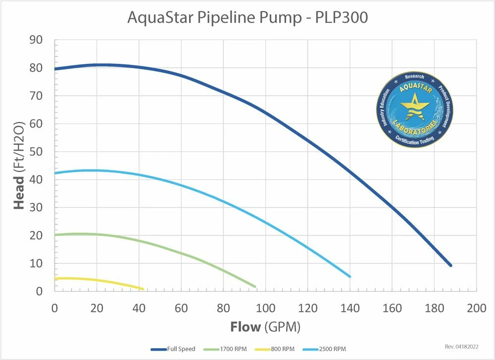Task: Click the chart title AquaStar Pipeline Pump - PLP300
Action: pos(247,17)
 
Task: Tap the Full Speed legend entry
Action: pos(173,349)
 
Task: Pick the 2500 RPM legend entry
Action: pos(331,349)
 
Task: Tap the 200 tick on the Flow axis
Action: pos(476,308)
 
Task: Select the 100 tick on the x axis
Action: pos(265,308)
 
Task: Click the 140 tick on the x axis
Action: pos(349,308)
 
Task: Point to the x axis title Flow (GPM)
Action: pos(265,327)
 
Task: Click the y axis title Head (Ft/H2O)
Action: pos(19,166)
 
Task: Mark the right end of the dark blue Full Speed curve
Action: pos(450,266)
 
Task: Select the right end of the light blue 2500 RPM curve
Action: pos(349,276)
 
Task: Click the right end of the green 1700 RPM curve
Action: pos(255,286)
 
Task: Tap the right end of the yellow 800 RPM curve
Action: pos(143,289)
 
